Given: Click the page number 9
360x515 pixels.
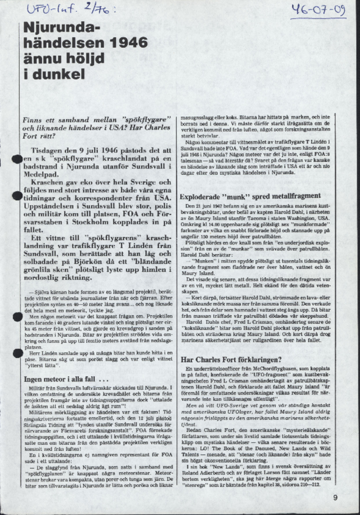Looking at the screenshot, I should [x=335, y=497].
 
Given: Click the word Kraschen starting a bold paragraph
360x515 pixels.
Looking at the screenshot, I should [x=50, y=183].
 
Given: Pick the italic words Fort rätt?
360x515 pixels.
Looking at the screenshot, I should [x=40, y=136].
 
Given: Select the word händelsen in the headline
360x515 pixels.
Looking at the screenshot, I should [x=60, y=42].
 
